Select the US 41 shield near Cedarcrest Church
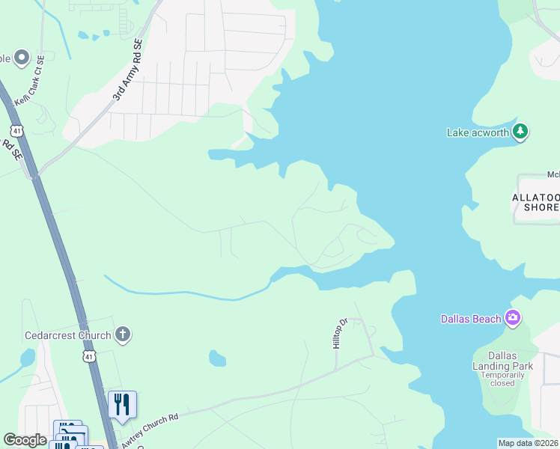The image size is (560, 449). click(x=89, y=356)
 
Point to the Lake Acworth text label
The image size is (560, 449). click(x=478, y=132)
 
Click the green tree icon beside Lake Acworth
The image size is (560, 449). click(x=520, y=132)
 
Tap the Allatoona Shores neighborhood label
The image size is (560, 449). click(x=535, y=202)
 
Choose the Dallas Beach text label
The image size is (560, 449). click(x=470, y=320)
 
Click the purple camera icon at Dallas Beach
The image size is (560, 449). click(x=512, y=319)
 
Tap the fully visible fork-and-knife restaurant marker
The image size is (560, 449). click(x=122, y=405)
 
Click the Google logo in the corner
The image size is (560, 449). click(x=25, y=440)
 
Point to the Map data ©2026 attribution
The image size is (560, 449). click(x=528, y=443)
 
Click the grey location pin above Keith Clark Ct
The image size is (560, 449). click(x=21, y=58)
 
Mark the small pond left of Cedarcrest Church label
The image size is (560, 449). click(x=27, y=358)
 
